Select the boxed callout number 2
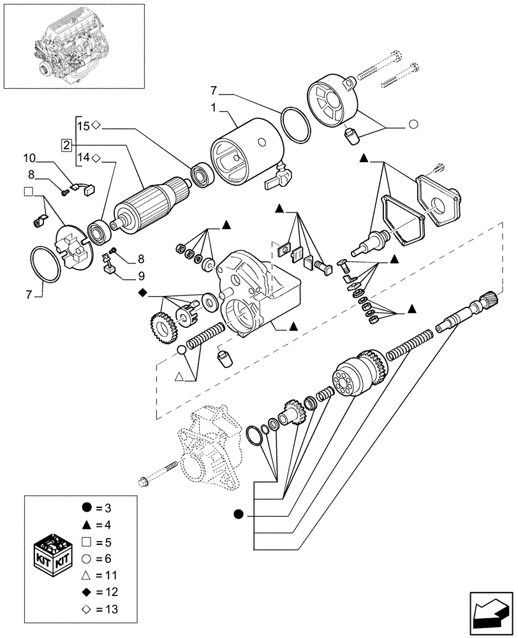pyautogui.click(x=66, y=144)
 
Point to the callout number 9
pyautogui.click(x=140, y=276)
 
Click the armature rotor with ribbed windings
pyautogui.click(x=149, y=204)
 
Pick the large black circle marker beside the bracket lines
pyautogui.click(x=239, y=514)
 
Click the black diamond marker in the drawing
pyautogui.click(x=142, y=293)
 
